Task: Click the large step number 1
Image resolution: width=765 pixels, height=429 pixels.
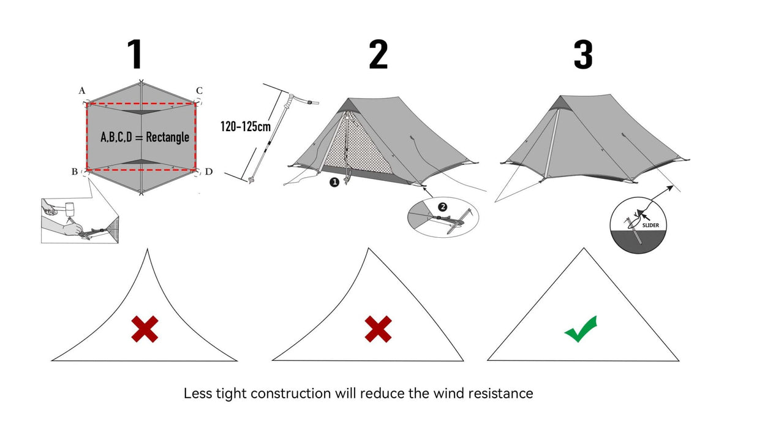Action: pyautogui.click(x=135, y=55)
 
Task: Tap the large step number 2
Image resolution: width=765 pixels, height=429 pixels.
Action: pyautogui.click(x=378, y=55)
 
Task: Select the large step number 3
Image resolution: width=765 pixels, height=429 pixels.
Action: pyautogui.click(x=582, y=55)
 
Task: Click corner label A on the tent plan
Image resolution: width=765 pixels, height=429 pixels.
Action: pyautogui.click(x=81, y=91)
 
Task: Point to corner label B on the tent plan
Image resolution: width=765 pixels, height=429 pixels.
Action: pyautogui.click(x=74, y=172)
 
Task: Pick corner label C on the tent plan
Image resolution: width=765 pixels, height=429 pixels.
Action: pyautogui.click(x=199, y=91)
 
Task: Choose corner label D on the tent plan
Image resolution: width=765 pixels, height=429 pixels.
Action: pyautogui.click(x=208, y=172)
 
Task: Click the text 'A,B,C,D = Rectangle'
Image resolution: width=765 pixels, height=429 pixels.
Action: pyautogui.click(x=145, y=137)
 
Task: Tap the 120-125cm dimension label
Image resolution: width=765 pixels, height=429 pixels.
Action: pyautogui.click(x=245, y=127)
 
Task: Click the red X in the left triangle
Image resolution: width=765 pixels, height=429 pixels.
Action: pyautogui.click(x=145, y=328)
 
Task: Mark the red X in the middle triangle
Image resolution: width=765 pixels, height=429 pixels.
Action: pyautogui.click(x=378, y=328)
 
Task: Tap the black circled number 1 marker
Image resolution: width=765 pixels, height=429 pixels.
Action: pyautogui.click(x=334, y=182)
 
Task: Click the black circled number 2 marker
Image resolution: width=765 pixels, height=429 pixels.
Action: pyautogui.click(x=443, y=207)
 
